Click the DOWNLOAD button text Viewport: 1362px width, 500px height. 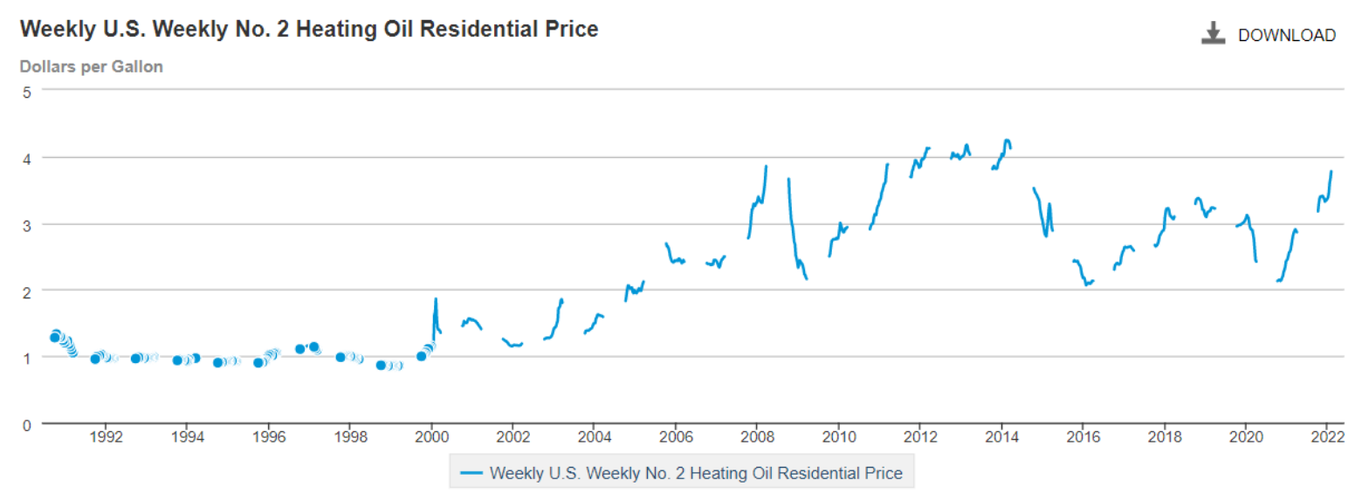click(x=1286, y=36)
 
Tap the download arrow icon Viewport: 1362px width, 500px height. click(x=1213, y=35)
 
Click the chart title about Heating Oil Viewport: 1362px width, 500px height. click(x=309, y=30)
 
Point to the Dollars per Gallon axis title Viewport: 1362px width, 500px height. click(x=92, y=67)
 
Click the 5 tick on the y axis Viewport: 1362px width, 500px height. click(x=26, y=91)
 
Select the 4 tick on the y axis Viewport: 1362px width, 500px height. click(x=26, y=158)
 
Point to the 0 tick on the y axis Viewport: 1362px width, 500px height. click(x=26, y=425)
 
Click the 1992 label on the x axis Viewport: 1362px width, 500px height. click(x=105, y=439)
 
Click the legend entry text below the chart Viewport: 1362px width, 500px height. click(x=696, y=474)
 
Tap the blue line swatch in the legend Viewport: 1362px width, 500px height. click(x=471, y=474)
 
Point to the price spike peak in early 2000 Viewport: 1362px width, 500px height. click(x=436, y=299)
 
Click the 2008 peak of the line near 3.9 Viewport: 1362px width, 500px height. click(x=766, y=166)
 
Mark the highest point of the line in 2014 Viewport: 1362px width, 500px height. click(x=1008, y=140)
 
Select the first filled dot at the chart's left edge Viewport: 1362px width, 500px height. click(x=55, y=337)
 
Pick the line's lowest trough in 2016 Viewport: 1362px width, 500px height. click(x=1086, y=284)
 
